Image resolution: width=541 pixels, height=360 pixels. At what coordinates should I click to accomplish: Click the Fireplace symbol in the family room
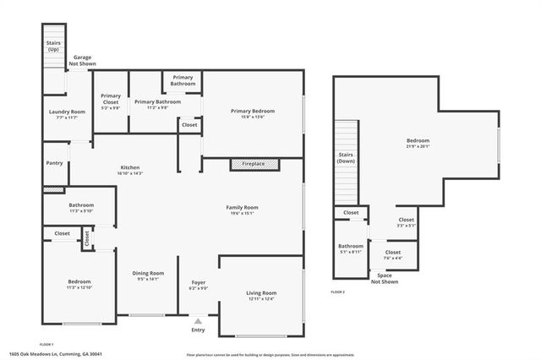coord(254,164)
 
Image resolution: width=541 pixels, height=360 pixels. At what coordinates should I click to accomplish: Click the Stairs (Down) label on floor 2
coord(346,157)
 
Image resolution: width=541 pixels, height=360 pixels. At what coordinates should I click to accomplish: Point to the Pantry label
coord(54,163)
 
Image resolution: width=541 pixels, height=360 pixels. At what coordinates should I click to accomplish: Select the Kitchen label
coord(129,167)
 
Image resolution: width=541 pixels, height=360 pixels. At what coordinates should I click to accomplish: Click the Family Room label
coord(242,207)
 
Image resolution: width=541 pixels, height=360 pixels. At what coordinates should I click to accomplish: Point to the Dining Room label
coord(148,273)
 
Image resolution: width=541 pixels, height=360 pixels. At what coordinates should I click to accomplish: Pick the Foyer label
coord(198,282)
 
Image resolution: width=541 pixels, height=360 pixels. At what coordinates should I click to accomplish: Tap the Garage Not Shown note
coord(82,59)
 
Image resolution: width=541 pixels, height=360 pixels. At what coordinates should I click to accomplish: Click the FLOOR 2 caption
coord(338,292)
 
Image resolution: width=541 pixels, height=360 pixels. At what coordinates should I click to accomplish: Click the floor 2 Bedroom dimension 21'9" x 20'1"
coord(418,146)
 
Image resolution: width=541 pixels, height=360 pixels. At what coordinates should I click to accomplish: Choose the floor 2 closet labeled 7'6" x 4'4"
coord(393,256)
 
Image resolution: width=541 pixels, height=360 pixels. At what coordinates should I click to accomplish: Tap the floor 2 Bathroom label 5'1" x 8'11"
coord(351,251)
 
